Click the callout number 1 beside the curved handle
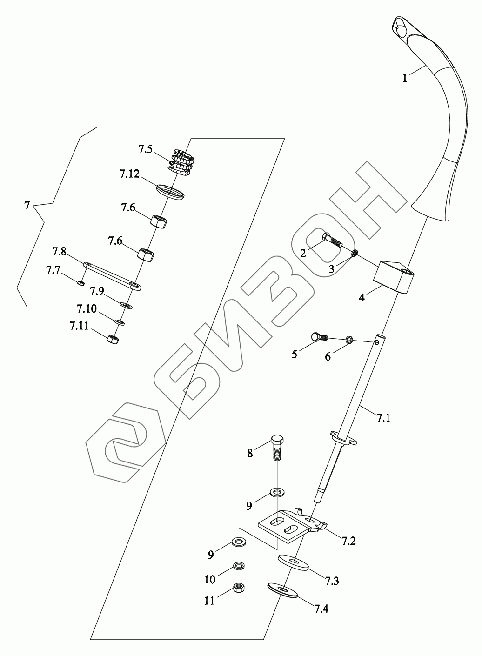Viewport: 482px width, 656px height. tap(405, 79)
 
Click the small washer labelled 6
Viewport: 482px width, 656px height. tap(349, 341)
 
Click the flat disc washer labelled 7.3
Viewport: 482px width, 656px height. tap(294, 562)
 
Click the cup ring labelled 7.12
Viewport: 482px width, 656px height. tap(170, 192)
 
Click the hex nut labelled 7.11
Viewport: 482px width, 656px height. tap(112, 339)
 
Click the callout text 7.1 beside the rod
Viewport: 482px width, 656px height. tap(383, 418)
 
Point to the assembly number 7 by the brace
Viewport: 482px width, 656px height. tap(27, 205)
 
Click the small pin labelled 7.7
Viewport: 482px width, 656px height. tap(81, 282)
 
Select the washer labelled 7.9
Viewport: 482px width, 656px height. tap(126, 305)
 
